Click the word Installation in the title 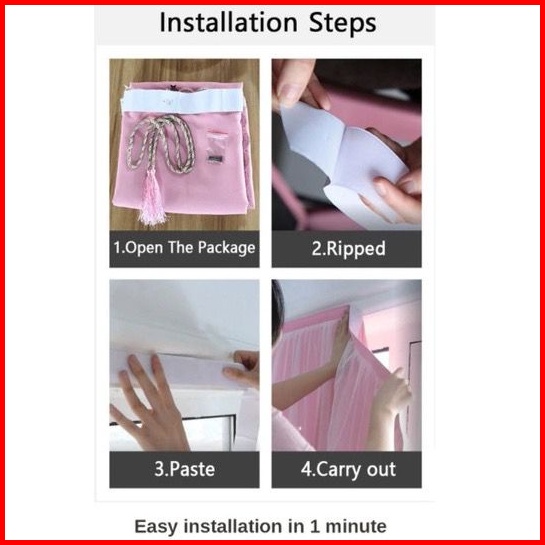tap(228, 23)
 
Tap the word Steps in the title tap(342, 24)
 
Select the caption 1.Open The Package tap(184, 248)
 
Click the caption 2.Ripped tap(348, 249)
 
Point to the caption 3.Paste tap(184, 469)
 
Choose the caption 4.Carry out tap(348, 469)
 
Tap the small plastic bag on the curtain tap(215, 147)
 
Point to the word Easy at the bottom tap(156, 527)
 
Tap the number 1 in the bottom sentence tap(315, 526)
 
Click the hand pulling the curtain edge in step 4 tap(393, 394)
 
